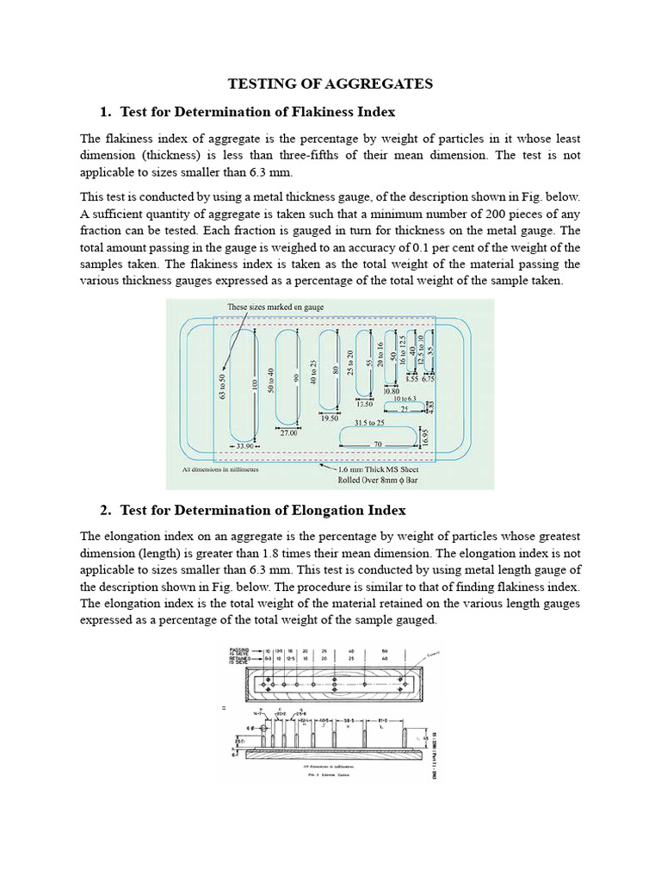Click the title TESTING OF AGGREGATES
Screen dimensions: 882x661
coord(330,84)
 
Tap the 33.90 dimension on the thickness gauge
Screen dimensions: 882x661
coord(245,446)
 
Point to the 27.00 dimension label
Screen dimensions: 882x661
coord(287,433)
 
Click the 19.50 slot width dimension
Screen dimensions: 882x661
coord(329,418)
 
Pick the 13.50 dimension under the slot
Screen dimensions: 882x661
coord(364,403)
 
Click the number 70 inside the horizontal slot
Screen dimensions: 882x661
coord(377,444)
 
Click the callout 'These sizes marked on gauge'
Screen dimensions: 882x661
coord(275,307)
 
